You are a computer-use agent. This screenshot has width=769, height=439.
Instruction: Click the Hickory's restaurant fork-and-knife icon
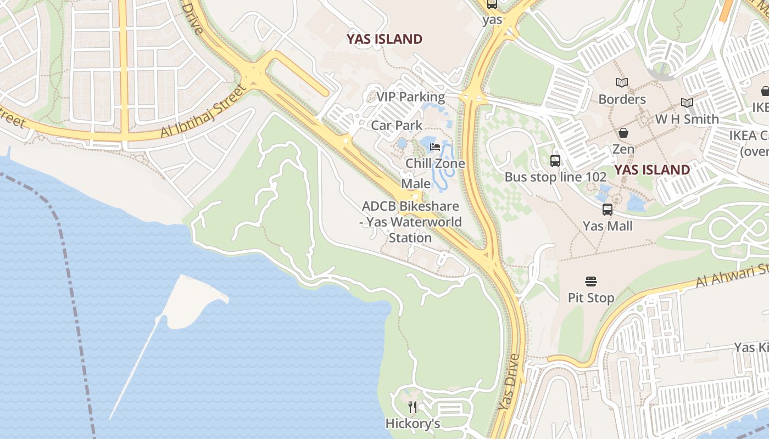(413, 407)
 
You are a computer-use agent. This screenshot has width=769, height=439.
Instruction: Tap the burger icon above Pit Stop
(591, 282)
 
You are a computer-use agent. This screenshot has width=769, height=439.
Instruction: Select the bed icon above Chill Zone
(435, 147)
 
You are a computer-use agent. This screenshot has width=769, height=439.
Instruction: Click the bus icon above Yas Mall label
(608, 209)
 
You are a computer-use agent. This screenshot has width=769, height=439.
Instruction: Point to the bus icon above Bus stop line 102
(555, 161)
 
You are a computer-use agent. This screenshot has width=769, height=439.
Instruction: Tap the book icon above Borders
(622, 83)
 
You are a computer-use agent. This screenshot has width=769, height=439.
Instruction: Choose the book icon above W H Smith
(687, 103)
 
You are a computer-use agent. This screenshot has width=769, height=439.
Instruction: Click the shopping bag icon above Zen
(623, 133)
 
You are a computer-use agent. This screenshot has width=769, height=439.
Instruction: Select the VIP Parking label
(410, 97)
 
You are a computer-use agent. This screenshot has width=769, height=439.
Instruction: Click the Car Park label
(397, 125)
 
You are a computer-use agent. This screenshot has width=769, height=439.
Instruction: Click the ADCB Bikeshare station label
(411, 222)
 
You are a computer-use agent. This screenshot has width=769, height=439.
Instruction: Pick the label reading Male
(416, 183)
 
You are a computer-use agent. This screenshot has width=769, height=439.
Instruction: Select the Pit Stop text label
(591, 298)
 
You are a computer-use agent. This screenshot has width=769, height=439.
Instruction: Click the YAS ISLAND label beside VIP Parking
(384, 39)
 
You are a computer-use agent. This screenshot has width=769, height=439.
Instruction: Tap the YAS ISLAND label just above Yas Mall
(652, 170)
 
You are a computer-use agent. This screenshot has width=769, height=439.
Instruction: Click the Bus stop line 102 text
(555, 177)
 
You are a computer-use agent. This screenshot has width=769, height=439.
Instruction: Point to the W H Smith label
(687, 119)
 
